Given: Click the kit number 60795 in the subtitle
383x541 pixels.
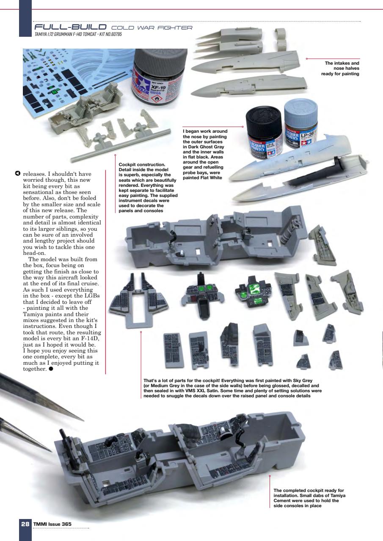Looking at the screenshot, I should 115,34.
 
